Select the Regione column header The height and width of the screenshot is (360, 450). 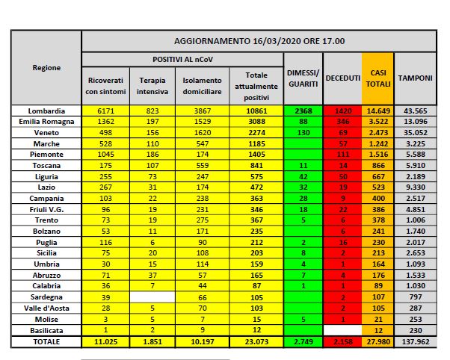pyautogui.click(x=46, y=67)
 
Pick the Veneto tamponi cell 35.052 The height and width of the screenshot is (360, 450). pyautogui.click(x=412, y=132)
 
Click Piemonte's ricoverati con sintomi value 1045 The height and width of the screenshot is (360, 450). pyautogui.click(x=104, y=154)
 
